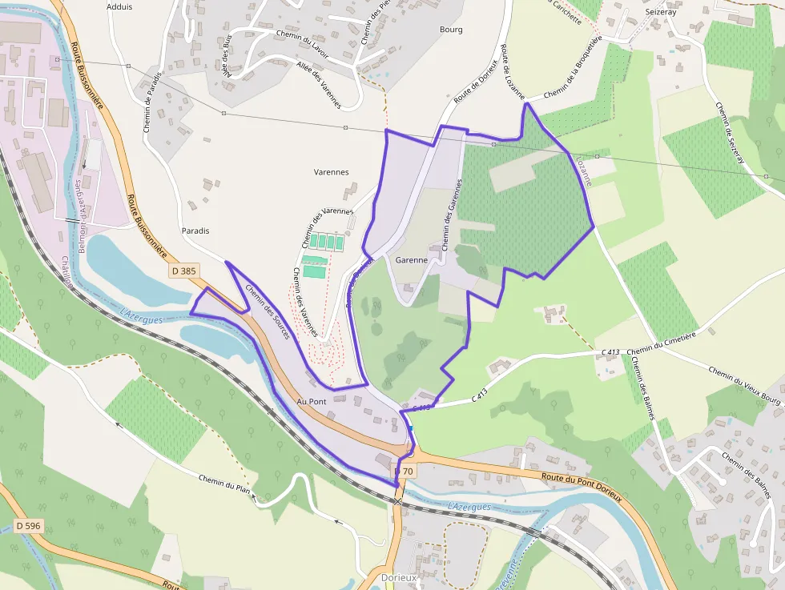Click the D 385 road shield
click(x=183, y=271)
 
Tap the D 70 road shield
click(x=405, y=472)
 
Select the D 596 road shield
click(x=28, y=526)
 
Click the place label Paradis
click(x=195, y=231)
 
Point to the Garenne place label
click(x=411, y=260)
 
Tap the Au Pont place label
click(x=312, y=400)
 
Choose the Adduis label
click(x=119, y=6)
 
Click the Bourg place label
click(x=451, y=30)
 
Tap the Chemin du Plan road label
click(x=225, y=484)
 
